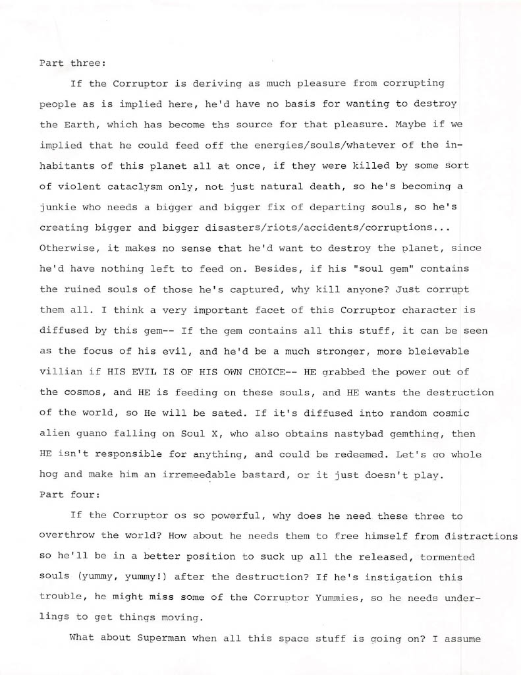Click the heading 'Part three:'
click(68, 63)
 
